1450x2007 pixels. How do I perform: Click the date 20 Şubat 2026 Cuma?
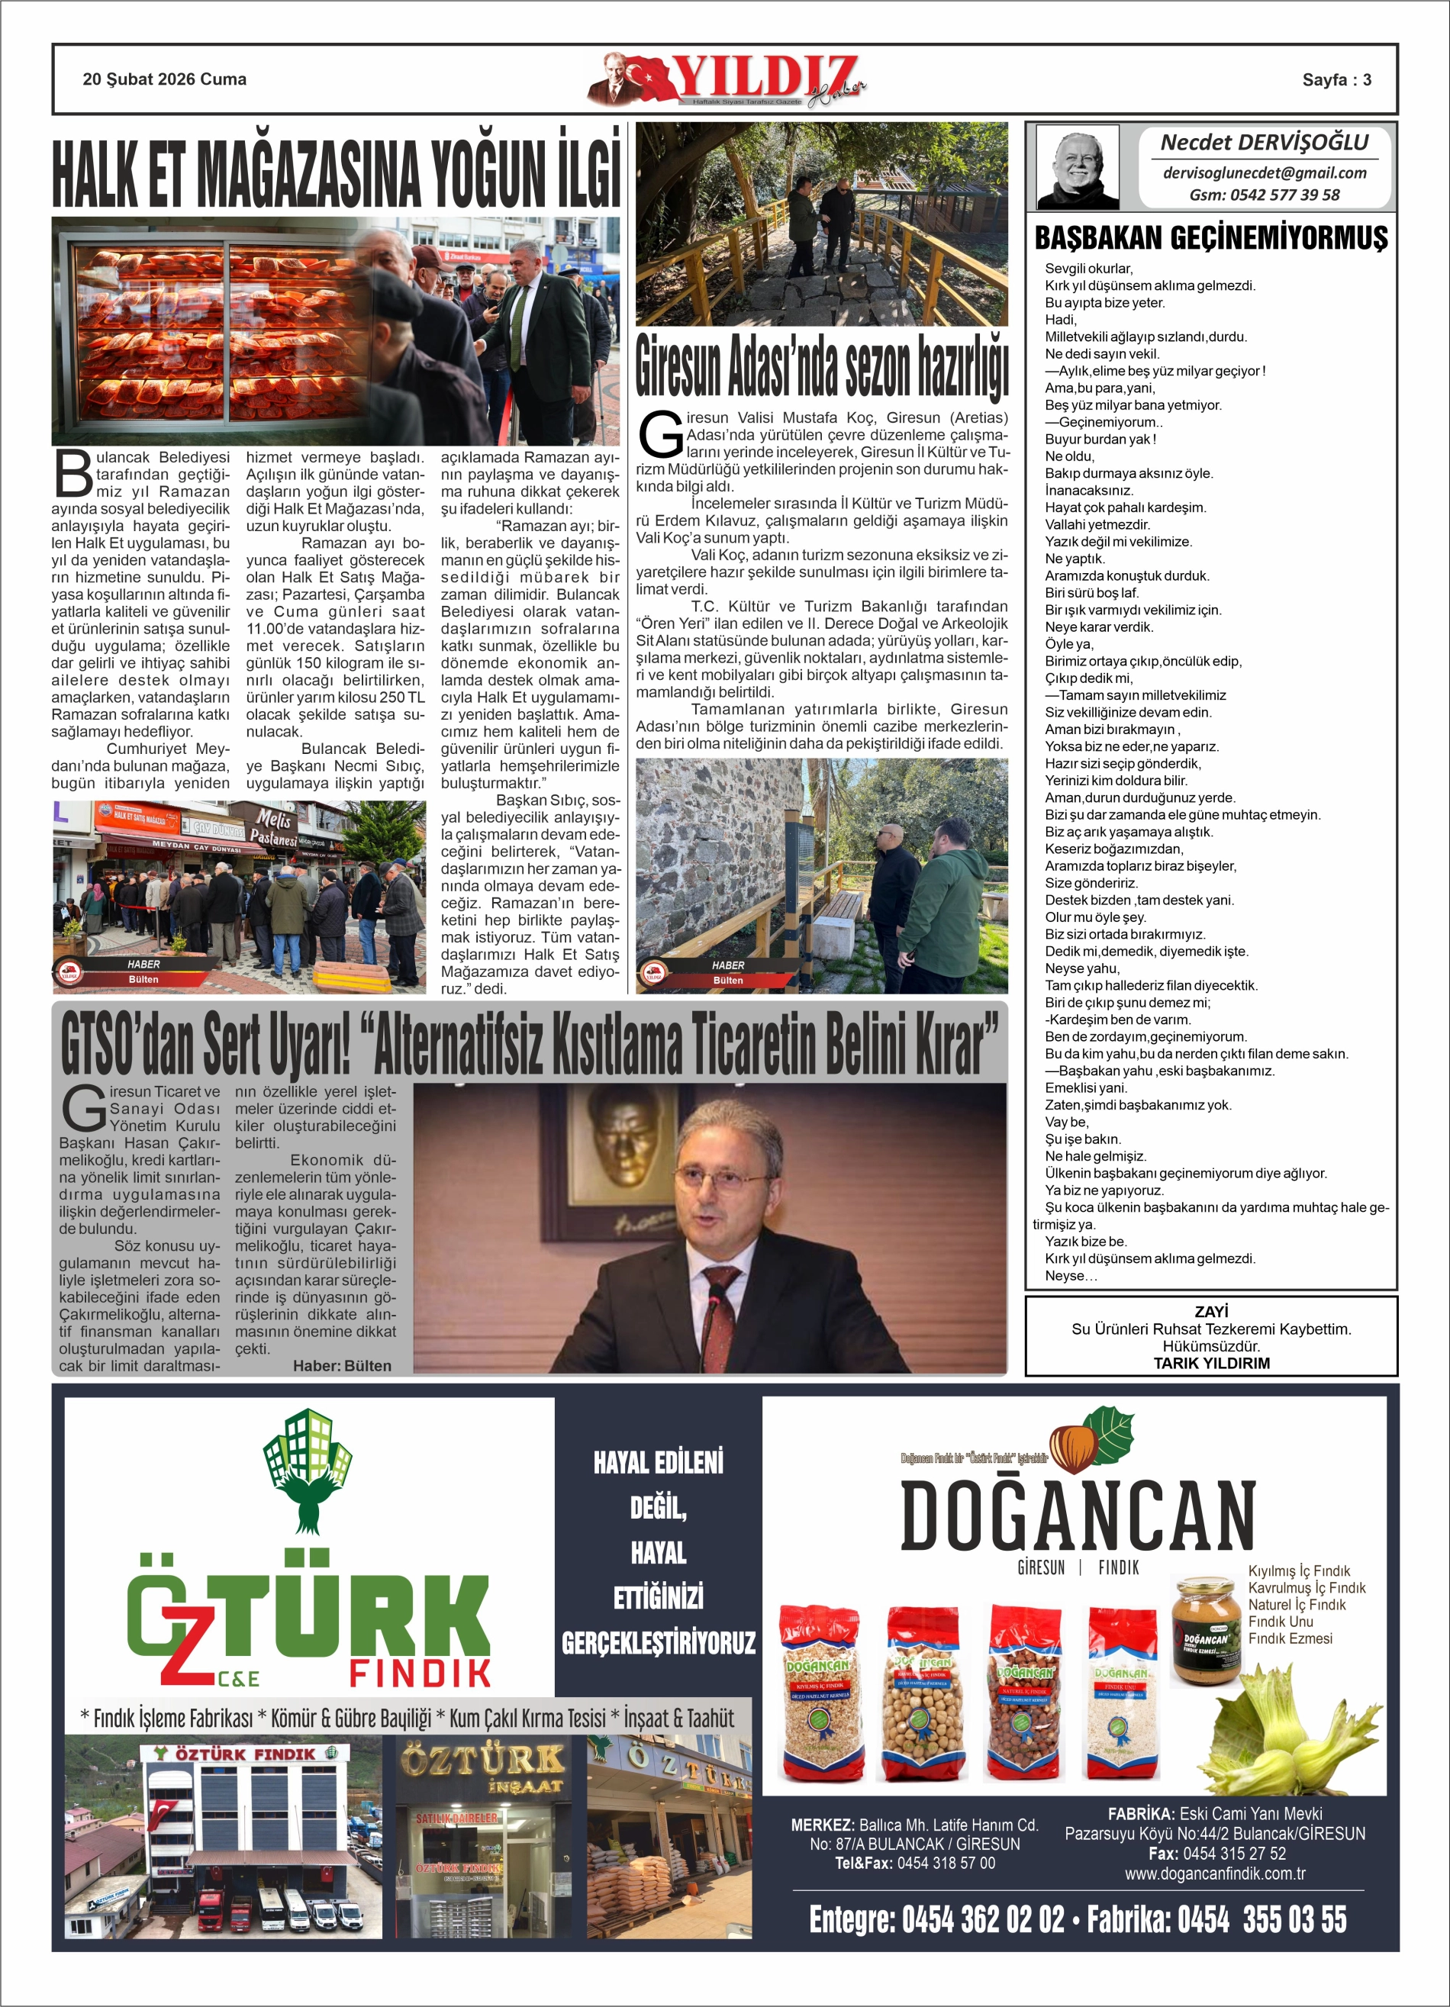pos(165,79)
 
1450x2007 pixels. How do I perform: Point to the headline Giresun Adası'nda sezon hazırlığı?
pos(821,365)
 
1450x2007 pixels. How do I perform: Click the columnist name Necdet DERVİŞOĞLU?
pos(1263,143)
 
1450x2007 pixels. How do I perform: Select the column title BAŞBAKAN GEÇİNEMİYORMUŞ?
pos(1210,238)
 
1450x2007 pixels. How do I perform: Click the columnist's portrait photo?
pos(1078,166)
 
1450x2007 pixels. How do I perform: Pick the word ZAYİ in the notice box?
pos(1211,1312)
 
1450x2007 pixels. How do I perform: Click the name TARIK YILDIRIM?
pos(1211,1363)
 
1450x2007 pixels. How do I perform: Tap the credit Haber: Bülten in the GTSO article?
pos(342,1365)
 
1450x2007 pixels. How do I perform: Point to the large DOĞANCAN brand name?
pos(1078,1516)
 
